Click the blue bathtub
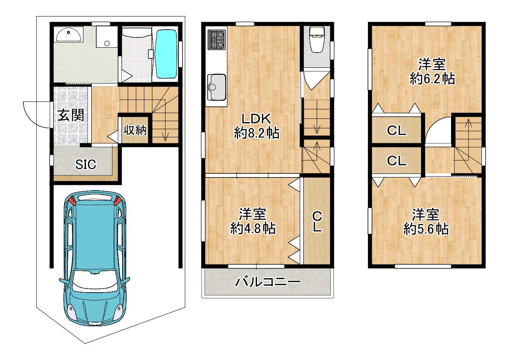tap(166, 54)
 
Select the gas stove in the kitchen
tap(217, 40)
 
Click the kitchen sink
tap(217, 87)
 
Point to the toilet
tap(317, 39)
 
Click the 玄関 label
tap(71, 115)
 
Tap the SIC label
tap(86, 164)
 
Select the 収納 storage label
tap(135, 130)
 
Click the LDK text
tap(256, 118)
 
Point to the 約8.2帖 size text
tap(257, 133)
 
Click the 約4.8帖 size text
tap(253, 228)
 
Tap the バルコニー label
tap(268, 282)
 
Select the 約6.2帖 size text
tap(433, 79)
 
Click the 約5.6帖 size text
tap(426, 229)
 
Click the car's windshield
tap(95, 280)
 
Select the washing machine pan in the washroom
tap(107, 37)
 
